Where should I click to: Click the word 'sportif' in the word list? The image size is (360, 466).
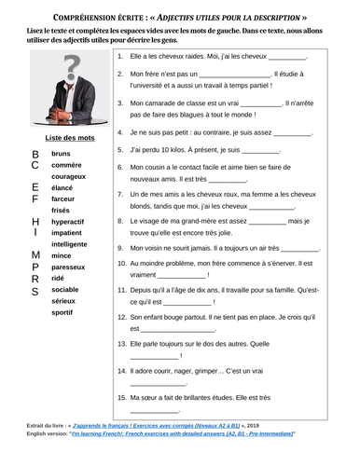point(63,312)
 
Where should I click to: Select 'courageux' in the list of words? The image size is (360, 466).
point(70,175)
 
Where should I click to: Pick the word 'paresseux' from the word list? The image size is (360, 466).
point(69,267)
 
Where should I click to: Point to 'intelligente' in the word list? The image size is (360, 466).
point(70,244)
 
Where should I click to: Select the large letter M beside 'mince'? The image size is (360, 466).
point(35,254)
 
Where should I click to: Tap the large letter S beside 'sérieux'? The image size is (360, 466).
point(35,290)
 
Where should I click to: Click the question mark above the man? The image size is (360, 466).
point(64,67)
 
